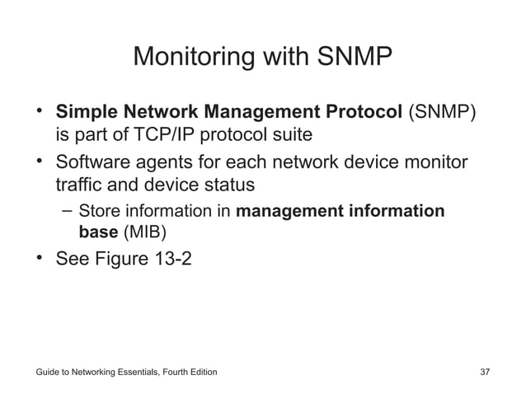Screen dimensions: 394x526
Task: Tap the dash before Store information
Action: [x=67, y=211]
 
